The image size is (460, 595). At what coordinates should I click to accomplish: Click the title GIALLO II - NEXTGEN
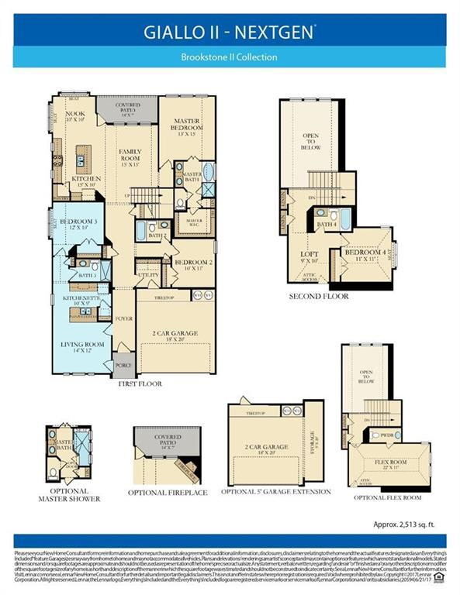tap(230, 32)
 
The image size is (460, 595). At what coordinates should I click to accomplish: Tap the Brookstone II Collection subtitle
tap(230, 57)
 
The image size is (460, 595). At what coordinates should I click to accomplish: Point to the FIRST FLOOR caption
tap(140, 383)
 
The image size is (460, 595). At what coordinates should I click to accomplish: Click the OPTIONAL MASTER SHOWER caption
tap(68, 494)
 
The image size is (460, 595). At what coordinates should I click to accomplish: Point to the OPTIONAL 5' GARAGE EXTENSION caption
tap(276, 491)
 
